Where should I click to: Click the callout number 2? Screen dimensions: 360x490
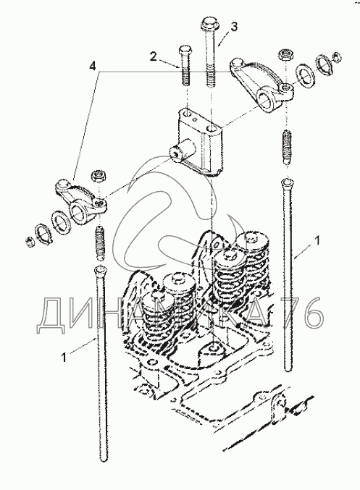pos(154,57)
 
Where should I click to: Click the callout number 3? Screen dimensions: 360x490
pos(234,27)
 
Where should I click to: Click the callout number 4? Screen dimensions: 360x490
pos(92,66)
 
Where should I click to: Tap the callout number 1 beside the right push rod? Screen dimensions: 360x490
pos(317,240)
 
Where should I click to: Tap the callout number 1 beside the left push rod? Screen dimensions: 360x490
pos(64,357)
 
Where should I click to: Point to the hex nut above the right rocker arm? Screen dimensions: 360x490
pos(285,55)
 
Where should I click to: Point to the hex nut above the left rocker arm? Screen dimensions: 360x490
pos(98,175)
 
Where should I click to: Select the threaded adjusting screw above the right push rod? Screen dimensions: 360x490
pos(287,147)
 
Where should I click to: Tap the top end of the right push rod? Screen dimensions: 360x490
pos(288,182)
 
